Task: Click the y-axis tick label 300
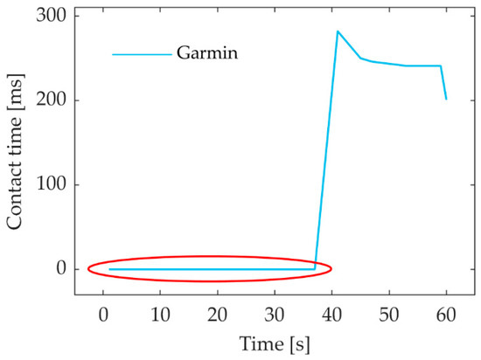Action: pos(58,17)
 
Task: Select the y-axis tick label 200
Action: pos(58,100)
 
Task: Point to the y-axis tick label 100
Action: pos(58,184)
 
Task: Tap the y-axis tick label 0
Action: pos(62,269)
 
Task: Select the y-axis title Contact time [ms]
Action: pos(17,151)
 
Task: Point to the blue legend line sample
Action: pos(141,55)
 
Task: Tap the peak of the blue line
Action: pos(338,31)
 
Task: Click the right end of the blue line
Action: pos(446,99)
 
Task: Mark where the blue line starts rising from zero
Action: pos(315,268)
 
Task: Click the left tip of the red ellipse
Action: pos(88,268)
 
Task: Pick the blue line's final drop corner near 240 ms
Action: pos(441,66)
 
